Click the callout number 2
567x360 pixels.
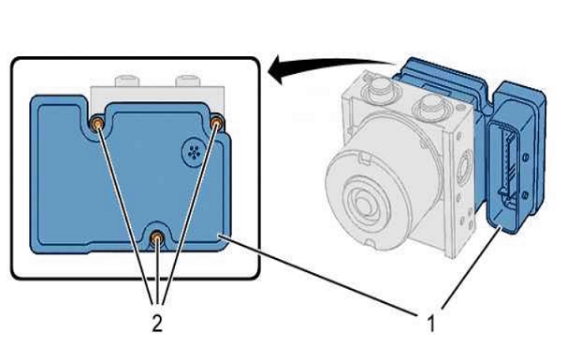[157, 323]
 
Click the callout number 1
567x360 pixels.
[430, 324]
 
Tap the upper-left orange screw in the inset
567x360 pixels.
[97, 124]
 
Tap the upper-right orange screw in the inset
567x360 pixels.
[217, 123]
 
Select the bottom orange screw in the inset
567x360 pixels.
[156, 238]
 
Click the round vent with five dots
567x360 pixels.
[195, 152]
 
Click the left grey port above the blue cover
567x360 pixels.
[127, 80]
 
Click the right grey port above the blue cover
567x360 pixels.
[188, 80]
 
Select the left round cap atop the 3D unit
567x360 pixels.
[380, 89]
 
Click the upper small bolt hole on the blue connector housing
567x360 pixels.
[526, 157]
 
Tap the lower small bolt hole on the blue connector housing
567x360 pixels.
[525, 195]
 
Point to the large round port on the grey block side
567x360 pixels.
[463, 167]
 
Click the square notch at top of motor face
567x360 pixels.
[366, 158]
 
